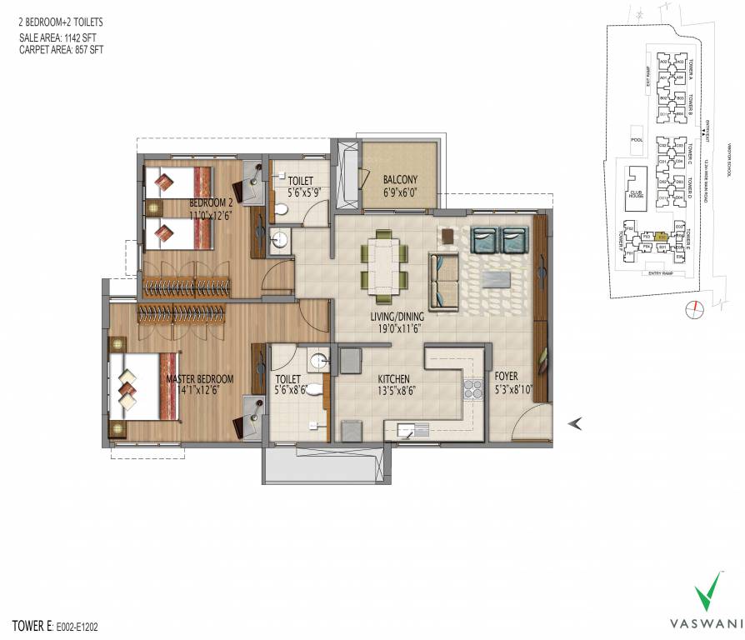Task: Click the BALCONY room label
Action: (x=400, y=179)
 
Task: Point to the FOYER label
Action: (x=505, y=377)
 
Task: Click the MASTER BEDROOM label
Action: (x=200, y=379)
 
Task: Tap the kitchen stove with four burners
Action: (x=473, y=390)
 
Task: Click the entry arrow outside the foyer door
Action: (x=574, y=424)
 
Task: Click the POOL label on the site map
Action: (x=637, y=140)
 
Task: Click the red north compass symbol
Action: (x=690, y=311)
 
